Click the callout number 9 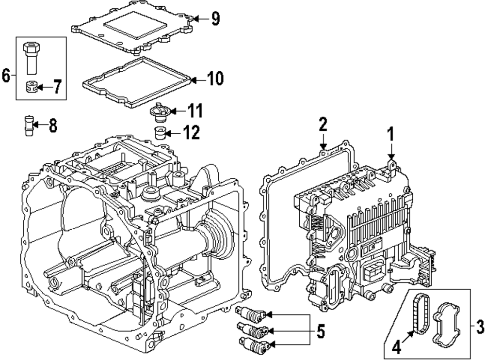coord(215,18)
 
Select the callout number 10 coord(214,78)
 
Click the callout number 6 coord(6,75)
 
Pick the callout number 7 coord(57,88)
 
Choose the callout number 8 coord(52,126)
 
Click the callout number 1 coord(391,134)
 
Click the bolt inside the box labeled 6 coord(32,58)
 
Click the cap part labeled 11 coord(160,112)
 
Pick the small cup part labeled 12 coord(160,131)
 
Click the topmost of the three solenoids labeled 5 coord(249,314)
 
